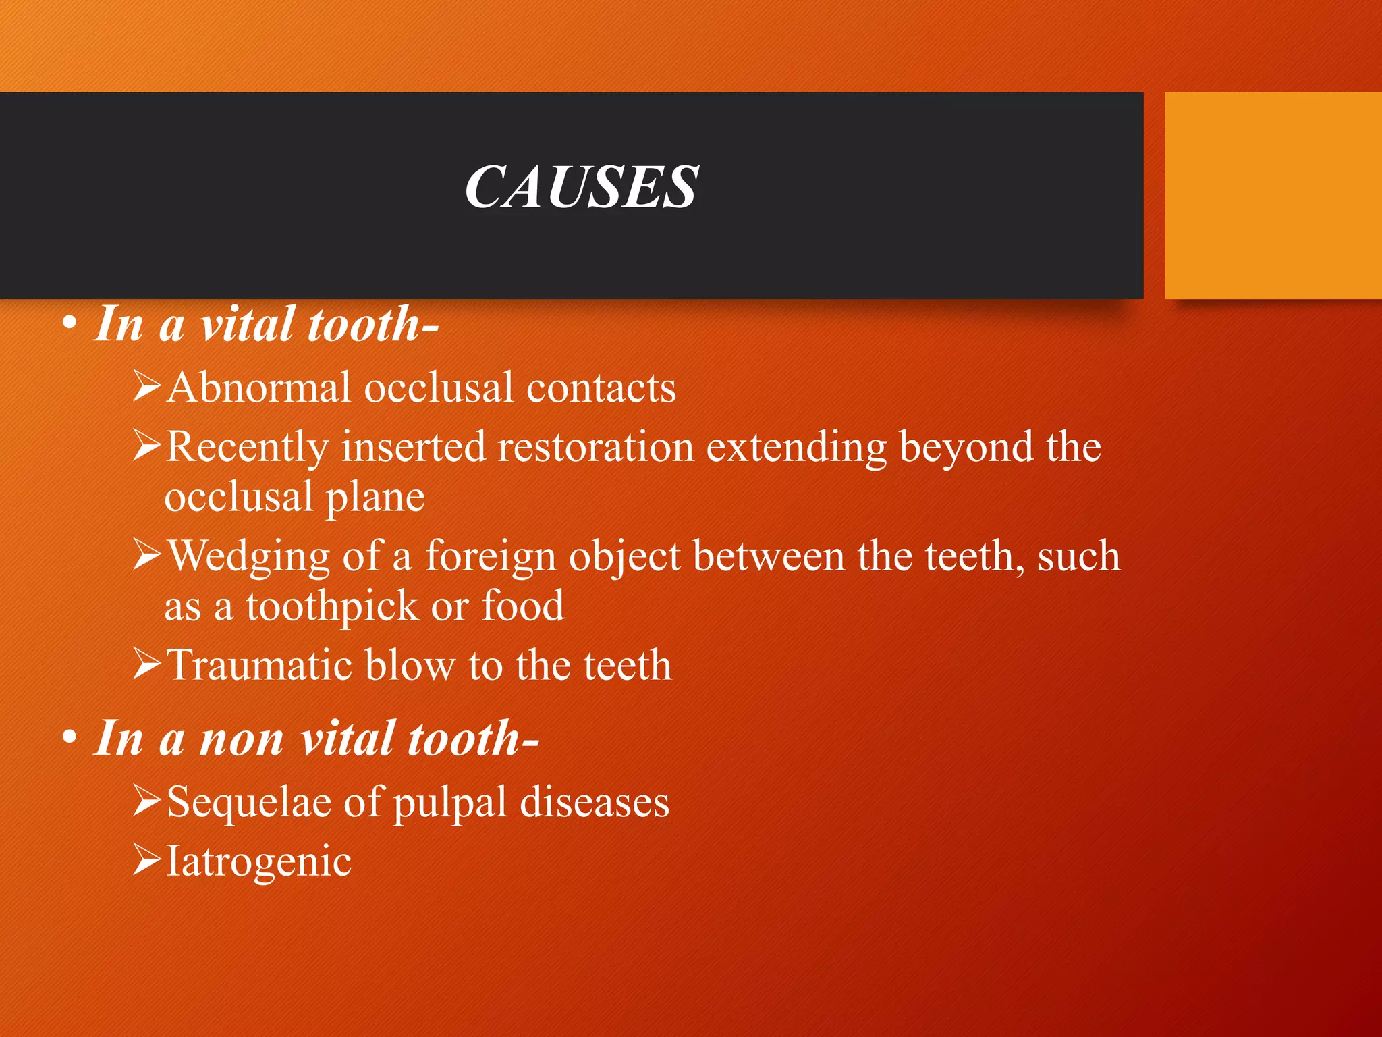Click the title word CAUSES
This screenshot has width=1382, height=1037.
point(581,187)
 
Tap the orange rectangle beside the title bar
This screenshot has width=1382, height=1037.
point(1273,195)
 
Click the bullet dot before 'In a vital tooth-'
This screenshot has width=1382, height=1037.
point(69,325)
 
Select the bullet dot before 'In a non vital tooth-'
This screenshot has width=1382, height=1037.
point(69,739)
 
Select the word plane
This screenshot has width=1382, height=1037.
point(375,498)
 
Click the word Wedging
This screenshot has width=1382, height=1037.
point(248,558)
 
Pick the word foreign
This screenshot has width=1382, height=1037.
point(490,558)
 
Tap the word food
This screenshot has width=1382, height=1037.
point(523,606)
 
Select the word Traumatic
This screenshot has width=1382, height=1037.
point(259,665)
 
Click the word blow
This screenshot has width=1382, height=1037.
point(410,665)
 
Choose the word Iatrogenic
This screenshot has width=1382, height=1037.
point(259,862)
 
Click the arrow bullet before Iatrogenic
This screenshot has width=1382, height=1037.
point(146,859)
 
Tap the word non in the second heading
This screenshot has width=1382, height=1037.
point(242,739)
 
